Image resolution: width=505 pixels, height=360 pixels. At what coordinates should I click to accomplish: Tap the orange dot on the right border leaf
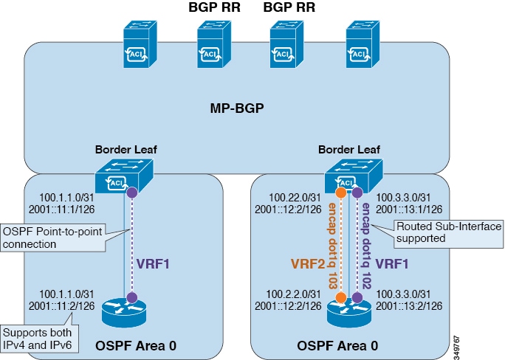pos(340,193)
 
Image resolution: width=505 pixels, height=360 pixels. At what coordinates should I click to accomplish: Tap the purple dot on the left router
pos(131,298)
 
